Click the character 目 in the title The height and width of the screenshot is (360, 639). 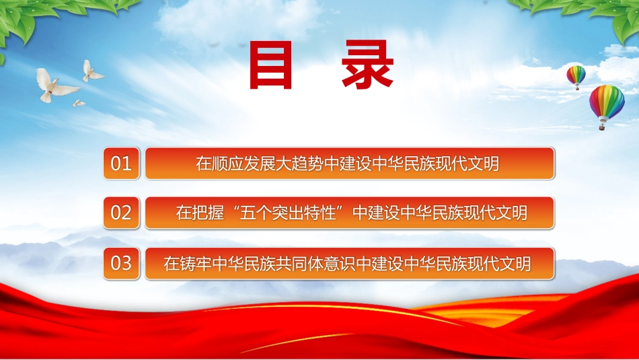(270, 65)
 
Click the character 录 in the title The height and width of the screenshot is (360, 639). (367, 65)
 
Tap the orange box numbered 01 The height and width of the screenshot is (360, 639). (122, 164)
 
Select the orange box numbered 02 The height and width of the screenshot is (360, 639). (122, 213)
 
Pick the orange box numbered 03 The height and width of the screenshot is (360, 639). (122, 263)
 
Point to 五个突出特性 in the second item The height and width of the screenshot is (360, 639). (288, 213)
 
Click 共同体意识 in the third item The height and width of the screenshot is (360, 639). (315, 263)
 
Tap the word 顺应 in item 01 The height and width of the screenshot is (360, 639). (228, 164)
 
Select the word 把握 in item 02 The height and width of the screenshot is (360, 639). (208, 213)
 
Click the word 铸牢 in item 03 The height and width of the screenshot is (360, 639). (196, 263)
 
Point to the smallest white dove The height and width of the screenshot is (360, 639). (79, 104)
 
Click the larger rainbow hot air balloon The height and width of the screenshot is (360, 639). (607, 107)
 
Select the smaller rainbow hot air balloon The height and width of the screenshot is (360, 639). (576, 77)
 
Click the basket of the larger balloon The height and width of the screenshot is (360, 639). (601, 127)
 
